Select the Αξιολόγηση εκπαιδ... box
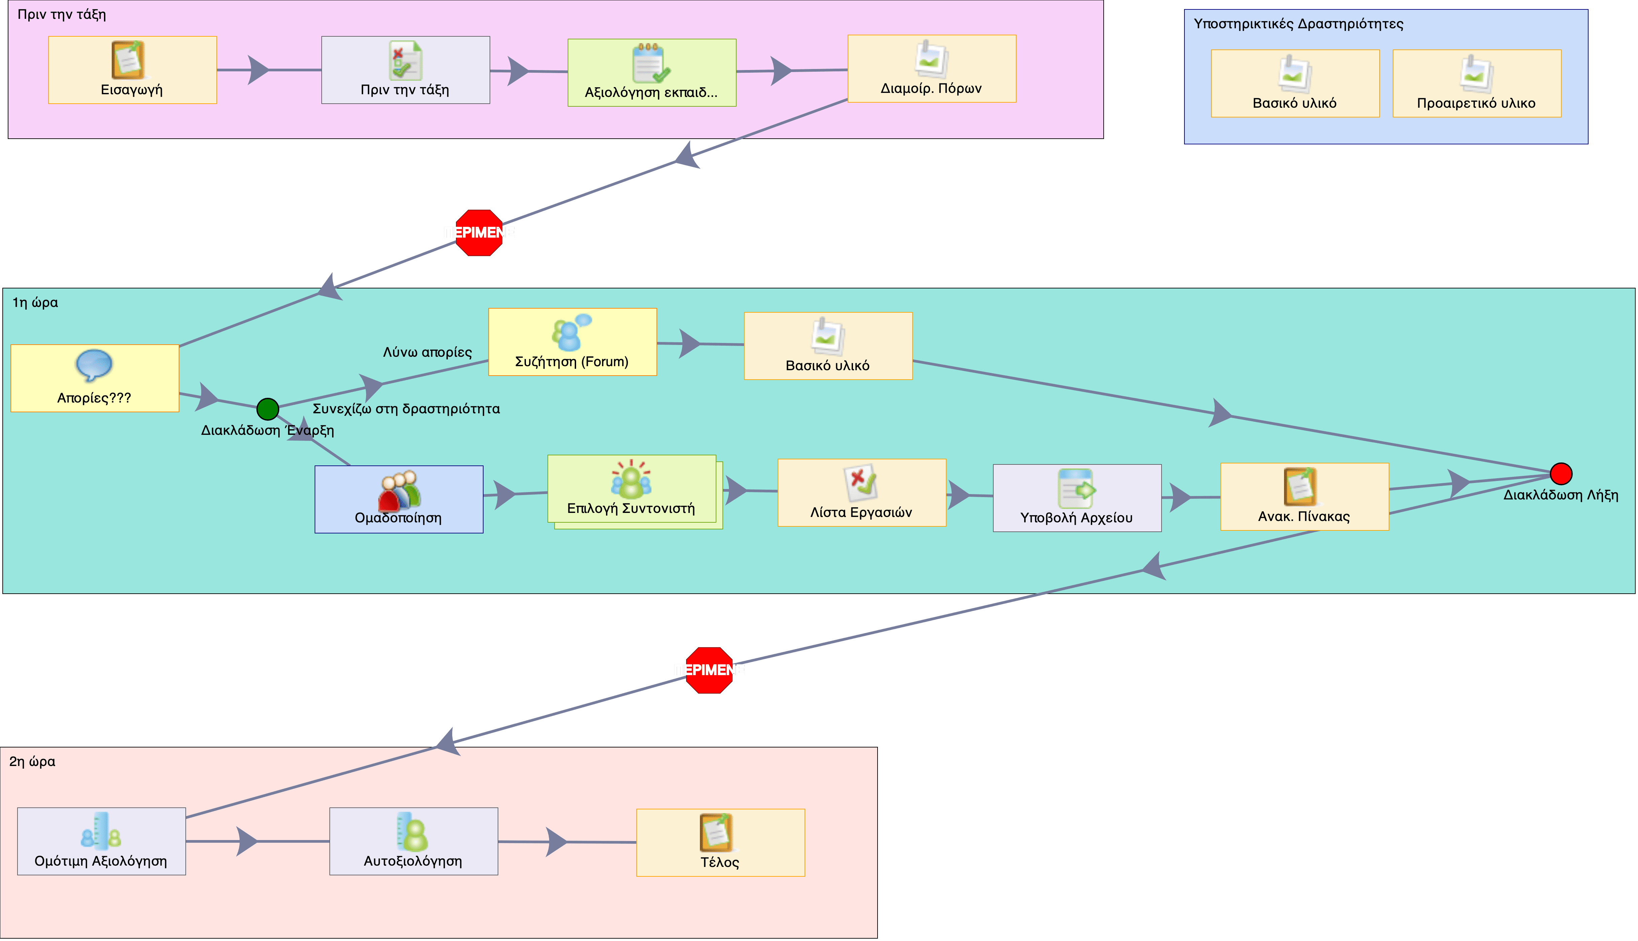pos(651,72)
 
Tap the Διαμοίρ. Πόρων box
pos(931,69)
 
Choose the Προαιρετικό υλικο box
pos(1476,83)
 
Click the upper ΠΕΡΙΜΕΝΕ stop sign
pos(479,233)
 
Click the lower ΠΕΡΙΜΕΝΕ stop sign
pos(709,670)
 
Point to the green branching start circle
pos(268,409)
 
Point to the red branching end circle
pos(1561,474)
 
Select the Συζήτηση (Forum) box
pos(572,342)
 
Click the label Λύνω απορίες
pos(427,352)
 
